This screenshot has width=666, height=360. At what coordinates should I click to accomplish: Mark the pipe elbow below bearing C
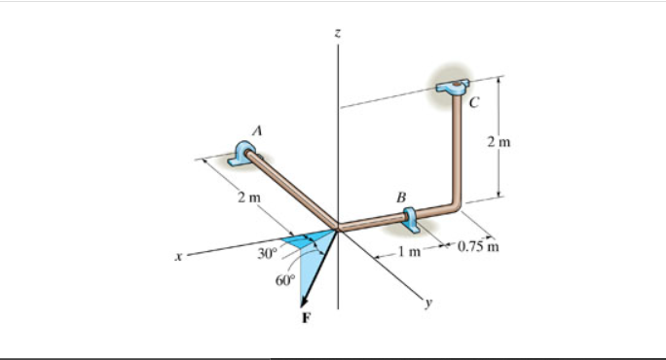click(x=454, y=205)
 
